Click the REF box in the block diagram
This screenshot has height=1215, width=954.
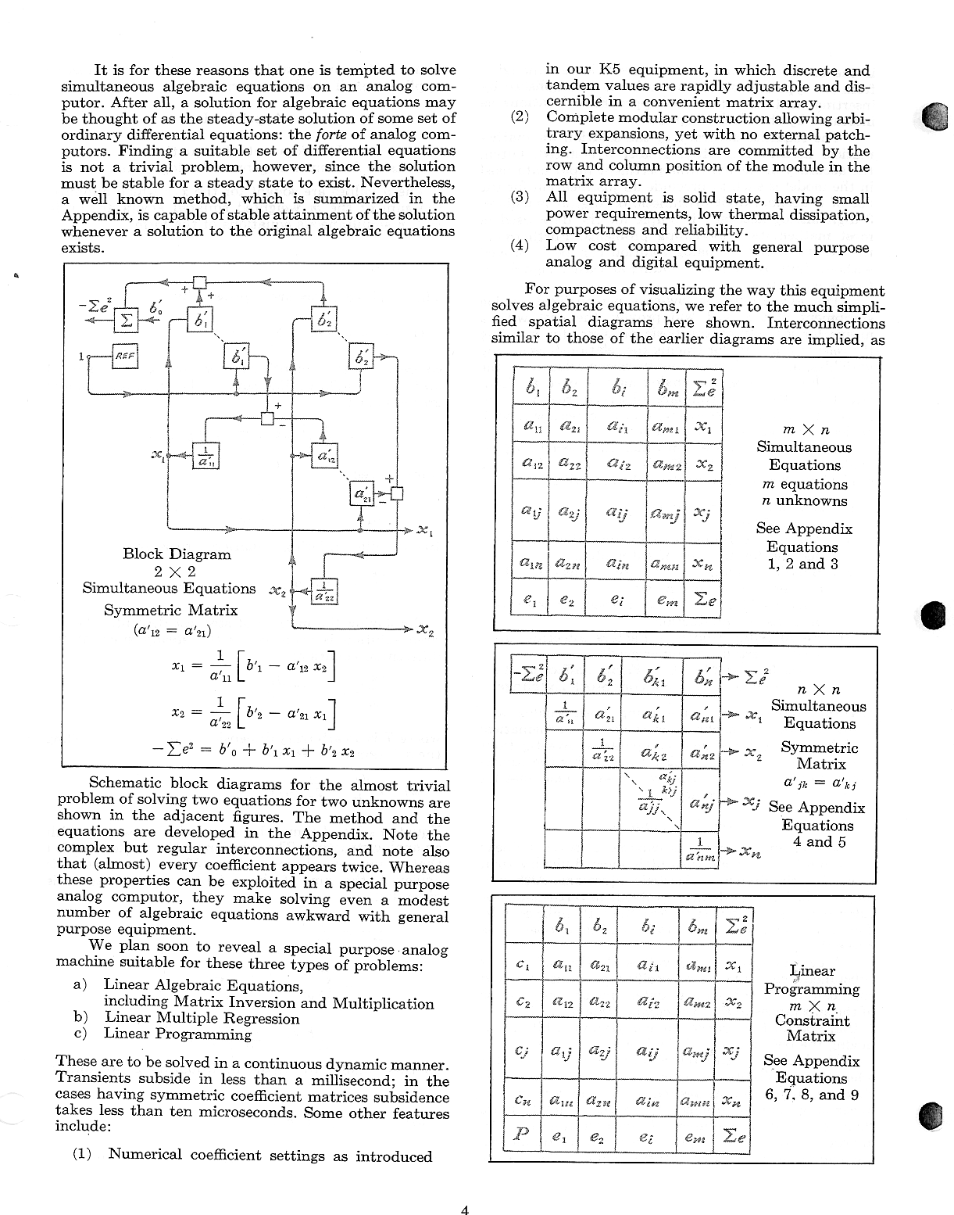(x=125, y=356)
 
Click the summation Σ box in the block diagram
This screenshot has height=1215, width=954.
(x=127, y=320)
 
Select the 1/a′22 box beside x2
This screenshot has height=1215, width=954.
(x=322, y=592)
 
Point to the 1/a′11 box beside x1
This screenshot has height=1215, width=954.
(x=205, y=455)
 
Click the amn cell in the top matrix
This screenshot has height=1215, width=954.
(x=666, y=562)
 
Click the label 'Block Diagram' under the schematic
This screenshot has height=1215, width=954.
(x=177, y=554)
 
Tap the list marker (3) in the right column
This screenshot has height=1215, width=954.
(x=520, y=198)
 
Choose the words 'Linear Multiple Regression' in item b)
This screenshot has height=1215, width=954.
(x=202, y=1018)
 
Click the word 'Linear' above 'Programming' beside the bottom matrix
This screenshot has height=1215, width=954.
(x=812, y=971)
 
